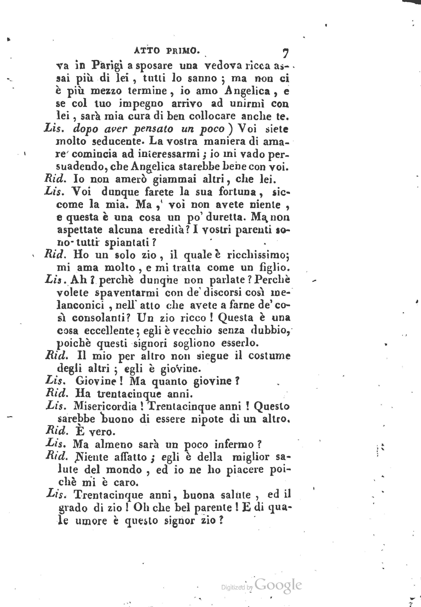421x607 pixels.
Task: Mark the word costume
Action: [x=269, y=356]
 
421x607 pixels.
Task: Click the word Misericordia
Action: [x=105, y=406]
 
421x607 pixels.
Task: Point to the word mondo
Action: [x=124, y=470]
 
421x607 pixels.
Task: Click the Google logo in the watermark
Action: [x=278, y=585]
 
